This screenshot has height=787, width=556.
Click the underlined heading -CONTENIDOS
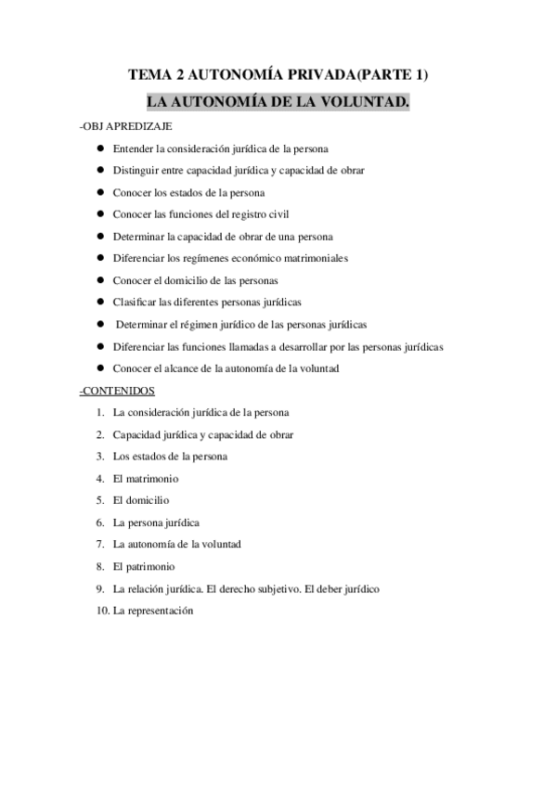(118, 391)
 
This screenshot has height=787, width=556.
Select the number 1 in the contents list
(99, 413)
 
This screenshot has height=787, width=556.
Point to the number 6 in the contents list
(99, 523)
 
